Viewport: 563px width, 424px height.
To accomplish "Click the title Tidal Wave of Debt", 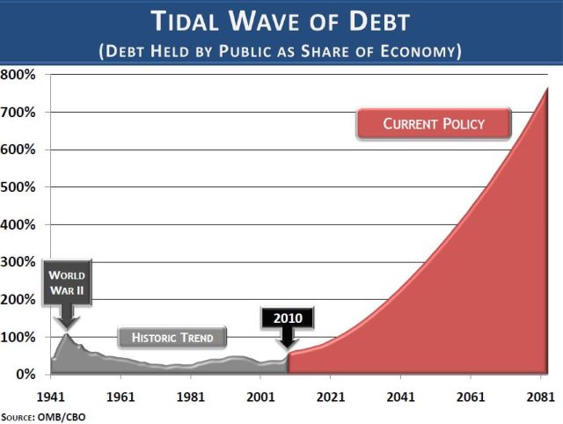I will pyautogui.click(x=281, y=21).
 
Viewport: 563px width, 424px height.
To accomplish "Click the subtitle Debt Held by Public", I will pyautogui.click(x=281, y=51).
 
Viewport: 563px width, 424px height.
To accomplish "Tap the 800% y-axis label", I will pyautogui.click(x=18, y=75).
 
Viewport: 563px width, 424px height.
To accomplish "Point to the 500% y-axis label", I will pyautogui.click(x=18, y=186).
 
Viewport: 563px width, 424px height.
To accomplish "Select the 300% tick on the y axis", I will pyautogui.click(x=18, y=262).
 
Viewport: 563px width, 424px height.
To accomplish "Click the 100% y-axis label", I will pyautogui.click(x=18, y=337).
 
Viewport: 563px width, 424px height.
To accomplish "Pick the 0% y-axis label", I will pyautogui.click(x=24, y=375).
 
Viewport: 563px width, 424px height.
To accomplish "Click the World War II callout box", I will pyautogui.click(x=66, y=281).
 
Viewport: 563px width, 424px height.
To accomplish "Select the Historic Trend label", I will pyautogui.click(x=172, y=337).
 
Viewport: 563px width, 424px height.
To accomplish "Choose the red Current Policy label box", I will pyautogui.click(x=434, y=124).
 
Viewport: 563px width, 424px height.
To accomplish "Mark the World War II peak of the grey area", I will pyautogui.click(x=67, y=334).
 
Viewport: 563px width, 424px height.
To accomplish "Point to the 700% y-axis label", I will pyautogui.click(x=18, y=112).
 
